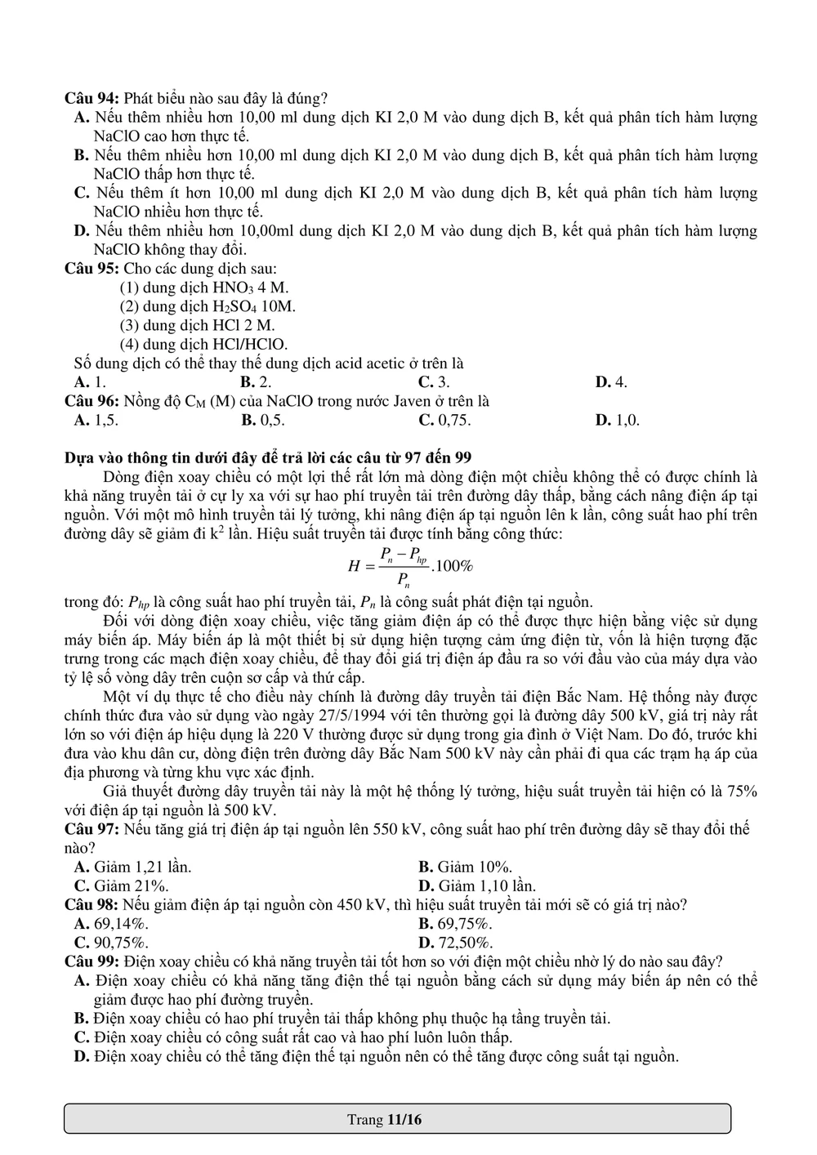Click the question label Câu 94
coord(92,98)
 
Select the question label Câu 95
coord(92,268)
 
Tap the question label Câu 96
coord(92,401)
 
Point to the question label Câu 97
coord(92,829)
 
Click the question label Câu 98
coord(92,905)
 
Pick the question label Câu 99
coord(92,961)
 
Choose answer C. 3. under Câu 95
coord(433,382)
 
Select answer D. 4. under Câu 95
coord(610,382)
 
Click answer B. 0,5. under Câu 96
coord(262,421)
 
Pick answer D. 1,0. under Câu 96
coord(617,421)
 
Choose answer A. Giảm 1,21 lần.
coord(132,867)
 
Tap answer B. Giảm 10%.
coord(465,867)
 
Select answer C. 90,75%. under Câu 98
coord(111,943)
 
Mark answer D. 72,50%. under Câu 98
coord(455,943)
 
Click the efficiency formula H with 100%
coord(410,566)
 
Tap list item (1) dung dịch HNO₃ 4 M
coord(203,288)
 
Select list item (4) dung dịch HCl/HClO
coord(203,345)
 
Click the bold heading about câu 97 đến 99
coord(268,457)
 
